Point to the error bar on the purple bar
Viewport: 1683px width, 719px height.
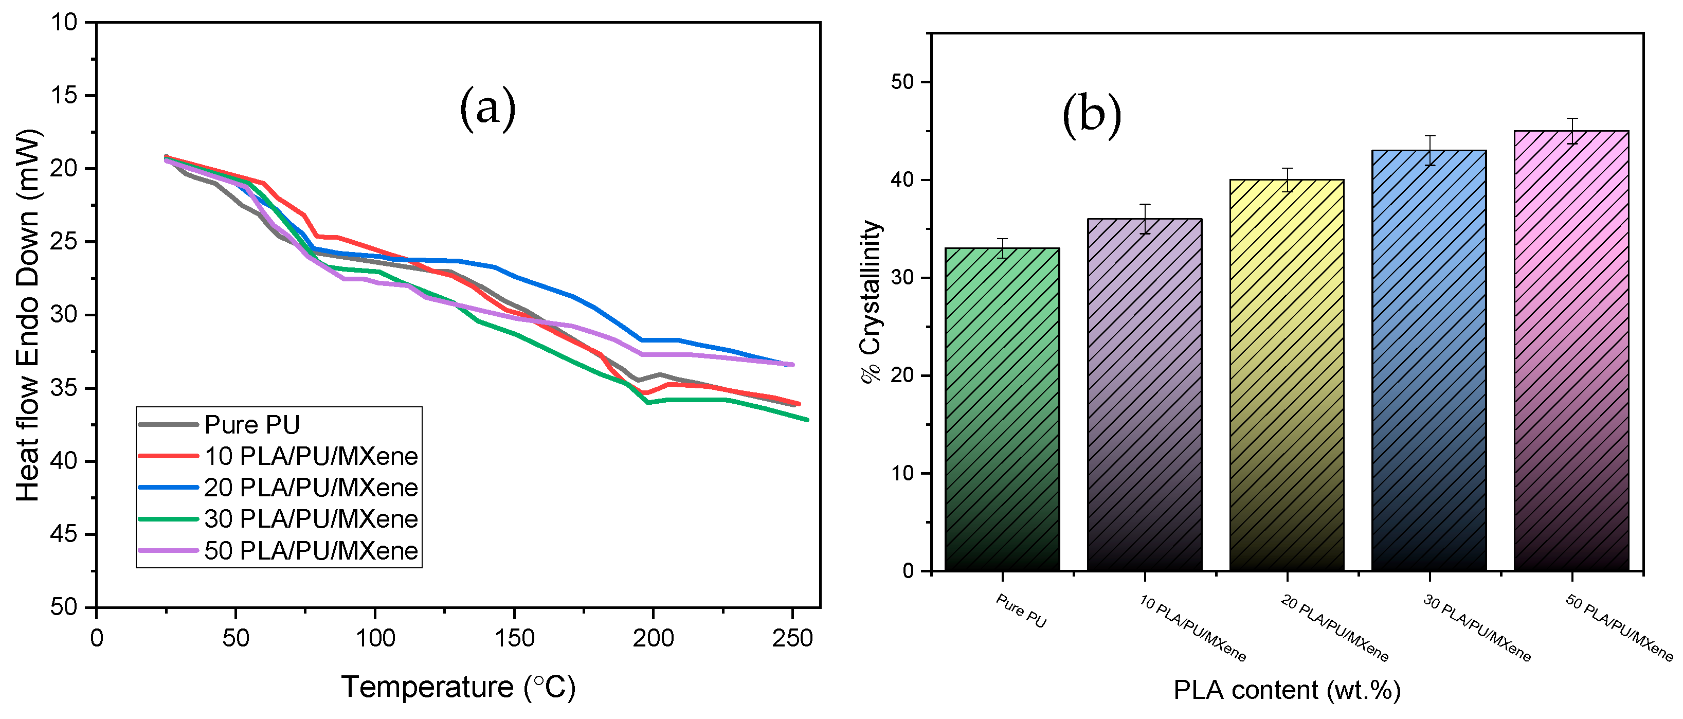[1145, 219]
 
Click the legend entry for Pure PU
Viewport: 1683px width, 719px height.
[251, 425]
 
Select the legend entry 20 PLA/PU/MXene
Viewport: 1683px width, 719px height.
[311, 488]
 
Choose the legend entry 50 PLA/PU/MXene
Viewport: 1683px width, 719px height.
[311, 550]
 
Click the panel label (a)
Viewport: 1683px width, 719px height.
[487, 108]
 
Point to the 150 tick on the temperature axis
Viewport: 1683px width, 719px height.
[514, 638]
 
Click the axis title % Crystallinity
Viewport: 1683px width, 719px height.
[872, 301]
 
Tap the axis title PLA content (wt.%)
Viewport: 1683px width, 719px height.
[1287, 690]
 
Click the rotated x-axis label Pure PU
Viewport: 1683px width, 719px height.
[1021, 610]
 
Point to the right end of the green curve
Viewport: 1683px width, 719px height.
[807, 420]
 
